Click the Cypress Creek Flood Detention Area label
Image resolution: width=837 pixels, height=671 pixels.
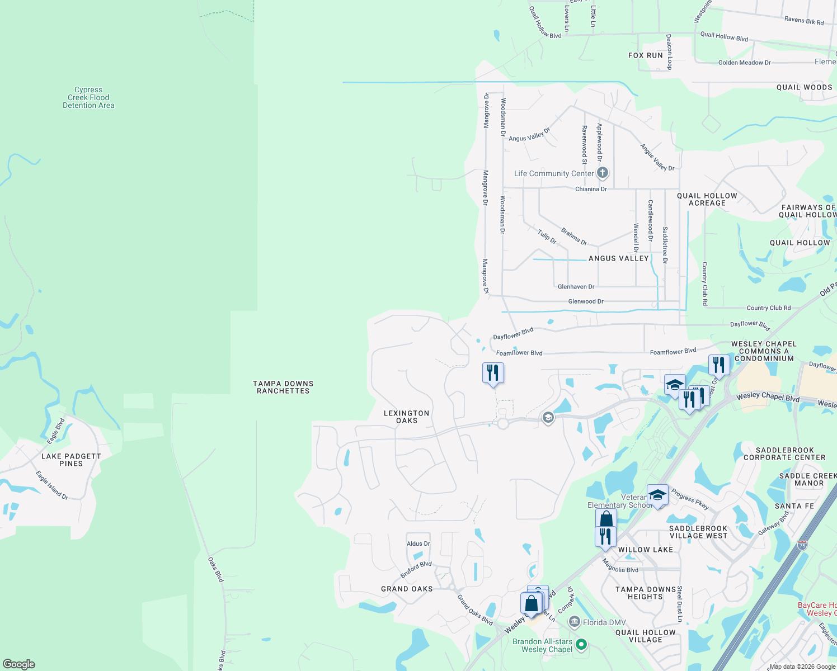[88, 97]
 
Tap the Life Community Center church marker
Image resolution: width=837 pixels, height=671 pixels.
[603, 173]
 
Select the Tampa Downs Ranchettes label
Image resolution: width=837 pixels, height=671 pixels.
[283, 387]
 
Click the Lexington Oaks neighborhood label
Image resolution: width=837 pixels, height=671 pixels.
[407, 417]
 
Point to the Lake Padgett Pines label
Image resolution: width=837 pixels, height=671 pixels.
[71, 460]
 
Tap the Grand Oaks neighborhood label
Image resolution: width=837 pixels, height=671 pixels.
[407, 589]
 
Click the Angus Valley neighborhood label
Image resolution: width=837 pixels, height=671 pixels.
[618, 258]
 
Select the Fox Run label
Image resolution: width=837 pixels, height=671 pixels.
[646, 55]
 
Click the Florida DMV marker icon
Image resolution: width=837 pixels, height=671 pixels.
[575, 622]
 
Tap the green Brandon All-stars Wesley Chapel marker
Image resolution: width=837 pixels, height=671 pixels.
[581, 645]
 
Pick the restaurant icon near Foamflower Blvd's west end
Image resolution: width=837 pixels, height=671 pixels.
[493, 373]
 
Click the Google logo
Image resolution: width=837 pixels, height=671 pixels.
[19, 664]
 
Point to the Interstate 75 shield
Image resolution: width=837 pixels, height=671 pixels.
[803, 544]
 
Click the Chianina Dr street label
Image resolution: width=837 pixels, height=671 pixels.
[591, 189]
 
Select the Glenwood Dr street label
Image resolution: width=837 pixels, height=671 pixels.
[586, 301]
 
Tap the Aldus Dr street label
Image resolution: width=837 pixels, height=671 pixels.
[418, 544]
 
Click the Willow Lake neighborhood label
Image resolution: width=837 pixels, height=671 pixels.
[646, 550]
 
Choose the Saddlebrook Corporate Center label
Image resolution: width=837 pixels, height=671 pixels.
[784, 453]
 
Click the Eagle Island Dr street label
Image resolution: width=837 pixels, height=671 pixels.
[52, 485]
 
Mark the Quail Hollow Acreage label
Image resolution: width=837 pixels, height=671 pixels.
[707, 199]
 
